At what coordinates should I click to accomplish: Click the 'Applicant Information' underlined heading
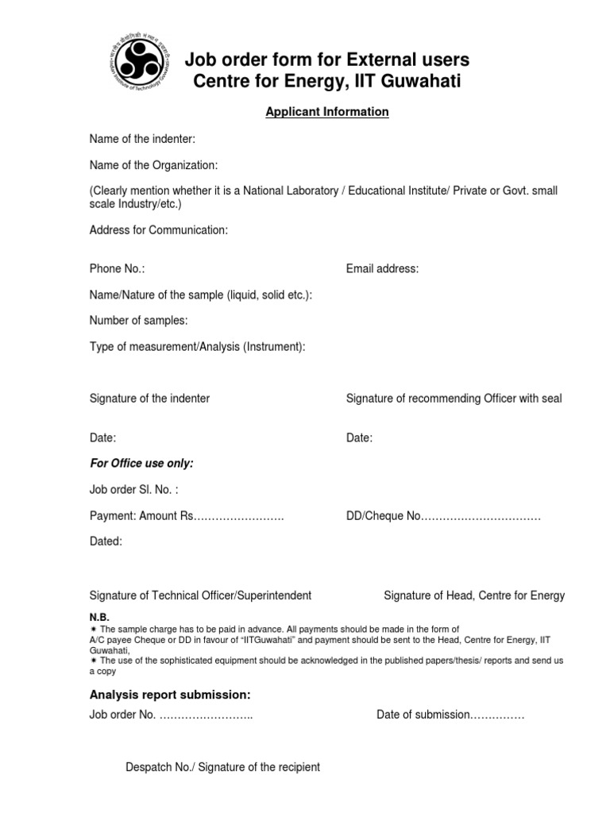(326, 112)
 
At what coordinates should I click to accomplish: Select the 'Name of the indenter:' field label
(142, 140)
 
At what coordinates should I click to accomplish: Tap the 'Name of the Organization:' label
(153, 165)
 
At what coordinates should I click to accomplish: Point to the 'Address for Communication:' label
(159, 230)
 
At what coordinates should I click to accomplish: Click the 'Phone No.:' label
(118, 269)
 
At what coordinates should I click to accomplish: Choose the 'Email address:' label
(382, 269)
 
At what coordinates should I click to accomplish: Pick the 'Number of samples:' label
(139, 321)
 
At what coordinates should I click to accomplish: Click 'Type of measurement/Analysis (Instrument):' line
(197, 346)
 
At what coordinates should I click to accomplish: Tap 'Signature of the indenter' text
(149, 399)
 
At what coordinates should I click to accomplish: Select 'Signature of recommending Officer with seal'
(454, 399)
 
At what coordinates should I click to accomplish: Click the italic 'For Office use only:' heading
(141, 463)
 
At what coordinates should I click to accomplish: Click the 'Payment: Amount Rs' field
(187, 516)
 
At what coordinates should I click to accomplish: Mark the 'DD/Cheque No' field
(443, 516)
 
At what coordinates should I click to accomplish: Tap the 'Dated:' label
(106, 541)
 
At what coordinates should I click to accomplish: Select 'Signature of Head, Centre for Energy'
(474, 595)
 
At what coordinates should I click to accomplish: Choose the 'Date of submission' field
(450, 715)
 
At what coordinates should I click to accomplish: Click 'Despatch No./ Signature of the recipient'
(223, 767)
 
